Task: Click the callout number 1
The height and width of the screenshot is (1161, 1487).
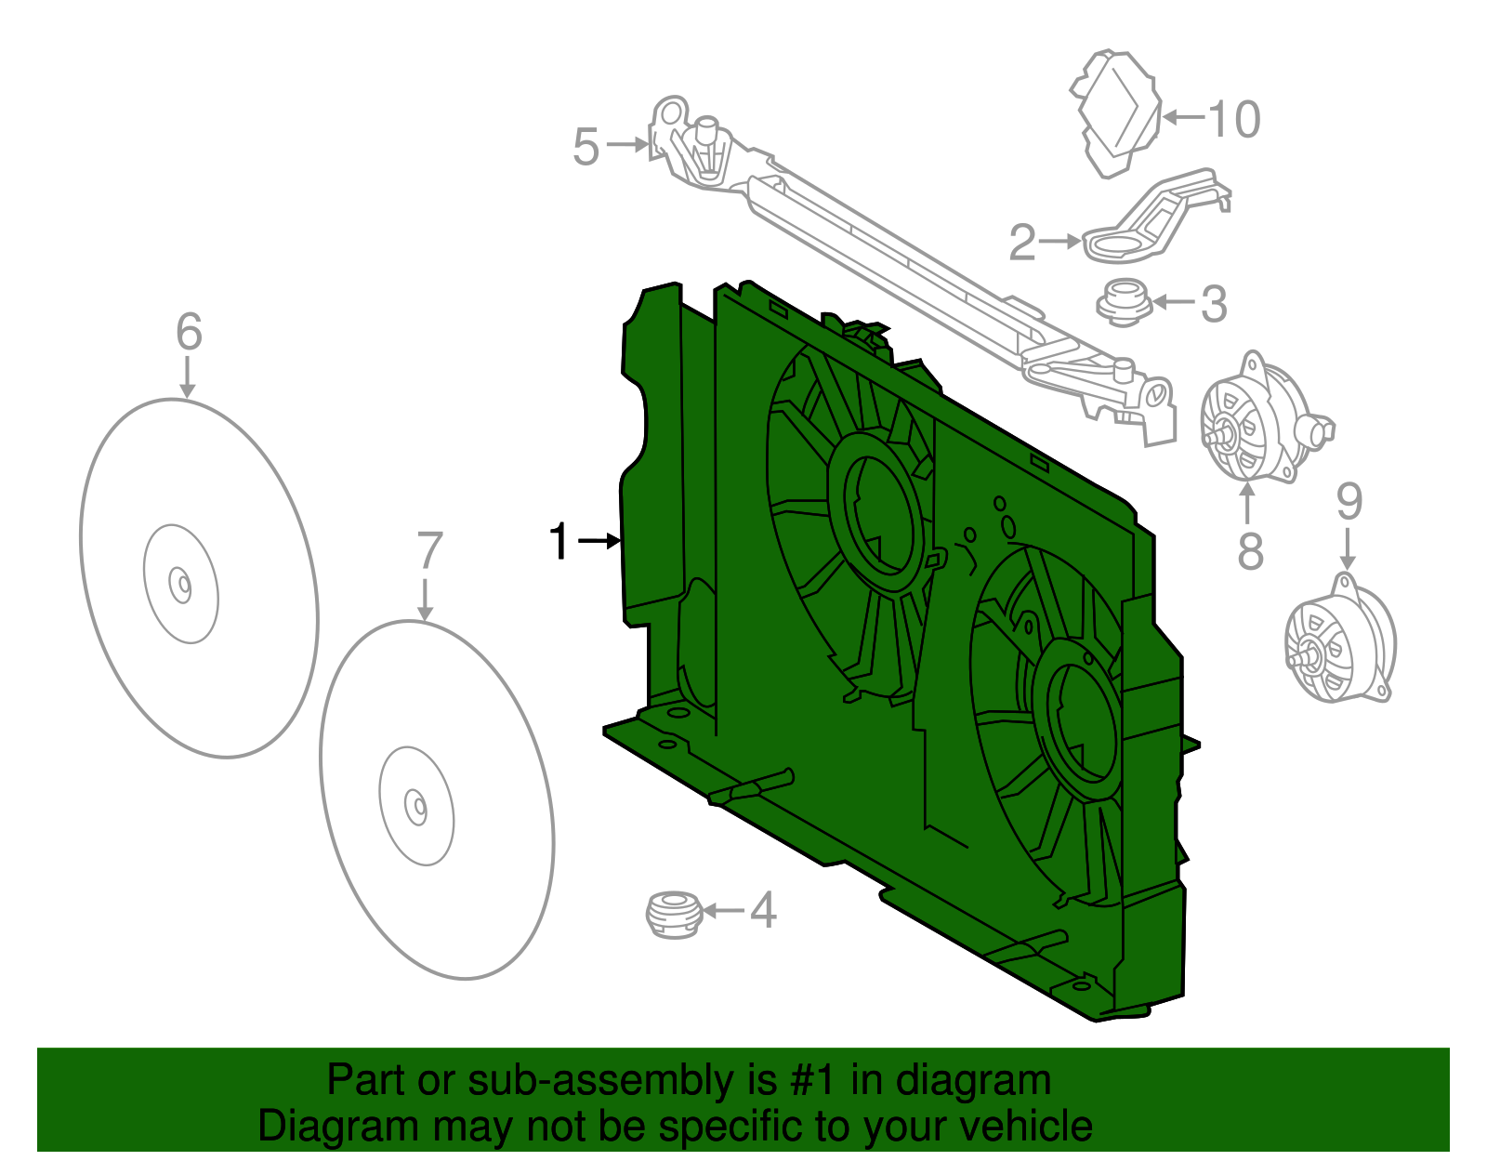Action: pyautogui.click(x=559, y=542)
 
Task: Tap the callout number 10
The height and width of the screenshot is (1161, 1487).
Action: pyautogui.click(x=1234, y=119)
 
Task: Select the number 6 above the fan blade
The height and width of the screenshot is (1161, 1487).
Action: pyautogui.click(x=189, y=332)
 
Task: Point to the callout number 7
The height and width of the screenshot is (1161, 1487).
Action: pyautogui.click(x=428, y=551)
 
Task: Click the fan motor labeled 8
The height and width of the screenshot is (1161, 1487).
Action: pyautogui.click(x=1255, y=423)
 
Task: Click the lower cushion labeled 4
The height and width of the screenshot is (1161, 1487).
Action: pyautogui.click(x=672, y=914)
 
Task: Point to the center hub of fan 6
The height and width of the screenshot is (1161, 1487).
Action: pyautogui.click(x=180, y=585)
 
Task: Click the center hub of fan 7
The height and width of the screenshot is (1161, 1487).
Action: pyautogui.click(x=416, y=806)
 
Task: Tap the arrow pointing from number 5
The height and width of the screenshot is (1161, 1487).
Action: pyautogui.click(x=628, y=144)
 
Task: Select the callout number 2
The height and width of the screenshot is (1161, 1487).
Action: pyautogui.click(x=1022, y=243)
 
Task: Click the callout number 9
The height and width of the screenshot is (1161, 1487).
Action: pyautogui.click(x=1349, y=502)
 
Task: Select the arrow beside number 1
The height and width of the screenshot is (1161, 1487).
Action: pyautogui.click(x=599, y=541)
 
